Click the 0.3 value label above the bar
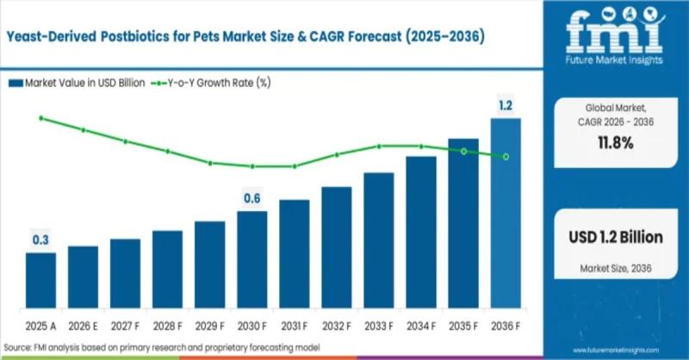40,240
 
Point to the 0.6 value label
252,199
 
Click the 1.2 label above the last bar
506,105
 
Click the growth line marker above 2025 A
40,118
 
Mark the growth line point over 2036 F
506,156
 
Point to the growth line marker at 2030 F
252,166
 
